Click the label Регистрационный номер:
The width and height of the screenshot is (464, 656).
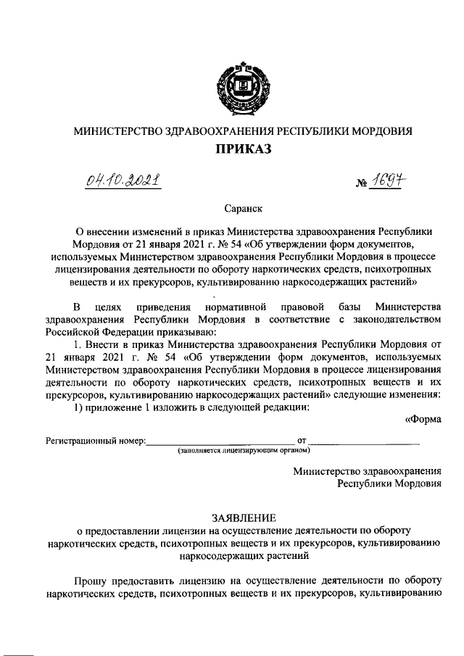[96, 441]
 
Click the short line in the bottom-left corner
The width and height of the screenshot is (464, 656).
[20, 647]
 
